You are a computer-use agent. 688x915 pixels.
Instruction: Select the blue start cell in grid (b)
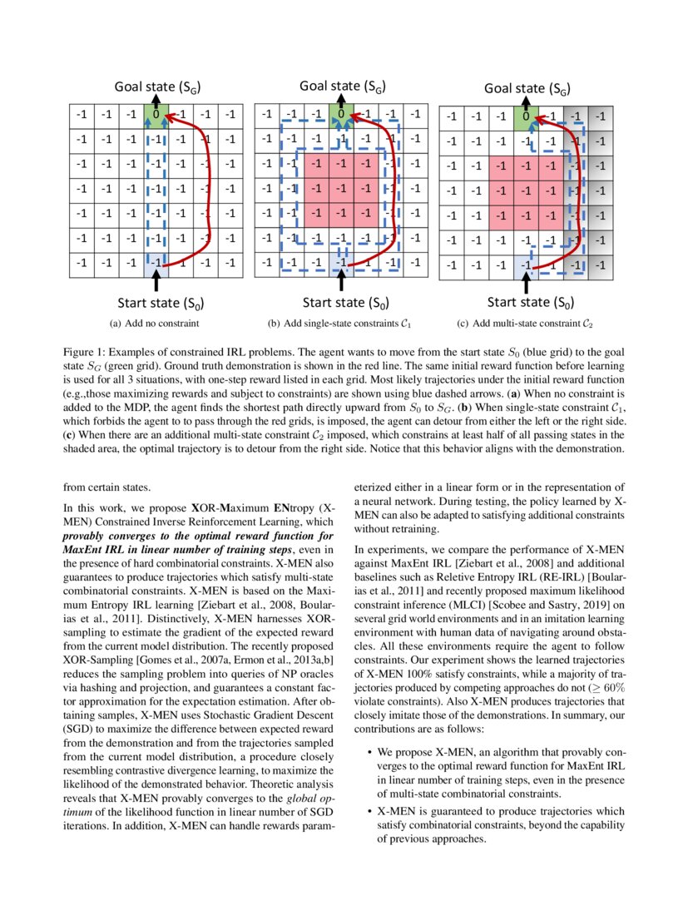pos(341,261)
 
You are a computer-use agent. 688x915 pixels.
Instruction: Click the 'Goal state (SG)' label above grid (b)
pos(341,87)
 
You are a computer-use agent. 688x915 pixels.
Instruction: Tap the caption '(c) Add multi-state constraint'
pos(526,322)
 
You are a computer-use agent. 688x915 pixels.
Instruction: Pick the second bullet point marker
pos(369,810)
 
